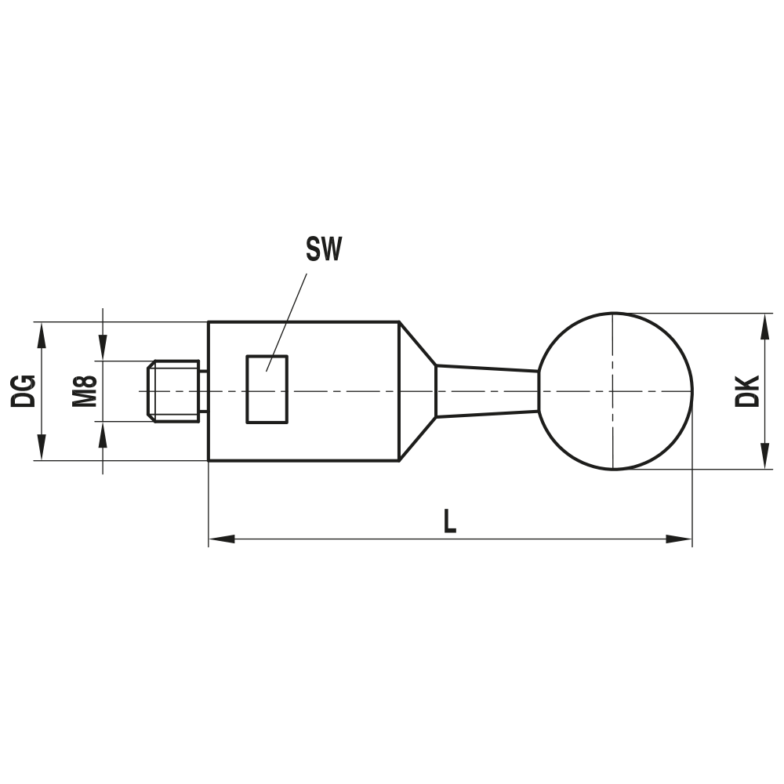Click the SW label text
[324, 250]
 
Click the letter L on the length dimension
[449, 521]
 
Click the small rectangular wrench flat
[267, 389]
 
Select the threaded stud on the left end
[174, 390]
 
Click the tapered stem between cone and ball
[486, 391]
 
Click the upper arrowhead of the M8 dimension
[103, 349]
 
